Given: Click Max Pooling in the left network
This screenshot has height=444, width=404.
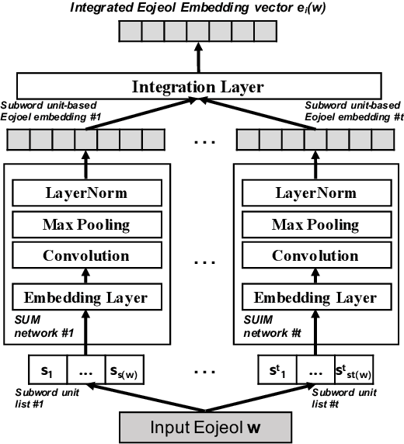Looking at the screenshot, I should (x=85, y=224).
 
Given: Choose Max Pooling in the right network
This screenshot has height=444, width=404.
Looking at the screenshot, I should (x=309, y=224).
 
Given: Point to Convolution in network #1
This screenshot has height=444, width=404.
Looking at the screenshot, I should (x=85, y=256).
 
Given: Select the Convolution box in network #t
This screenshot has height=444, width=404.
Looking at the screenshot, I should (x=309, y=256).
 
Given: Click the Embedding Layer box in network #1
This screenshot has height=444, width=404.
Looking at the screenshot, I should (x=85, y=297).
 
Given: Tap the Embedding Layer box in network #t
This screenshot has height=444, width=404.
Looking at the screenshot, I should (x=309, y=297).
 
